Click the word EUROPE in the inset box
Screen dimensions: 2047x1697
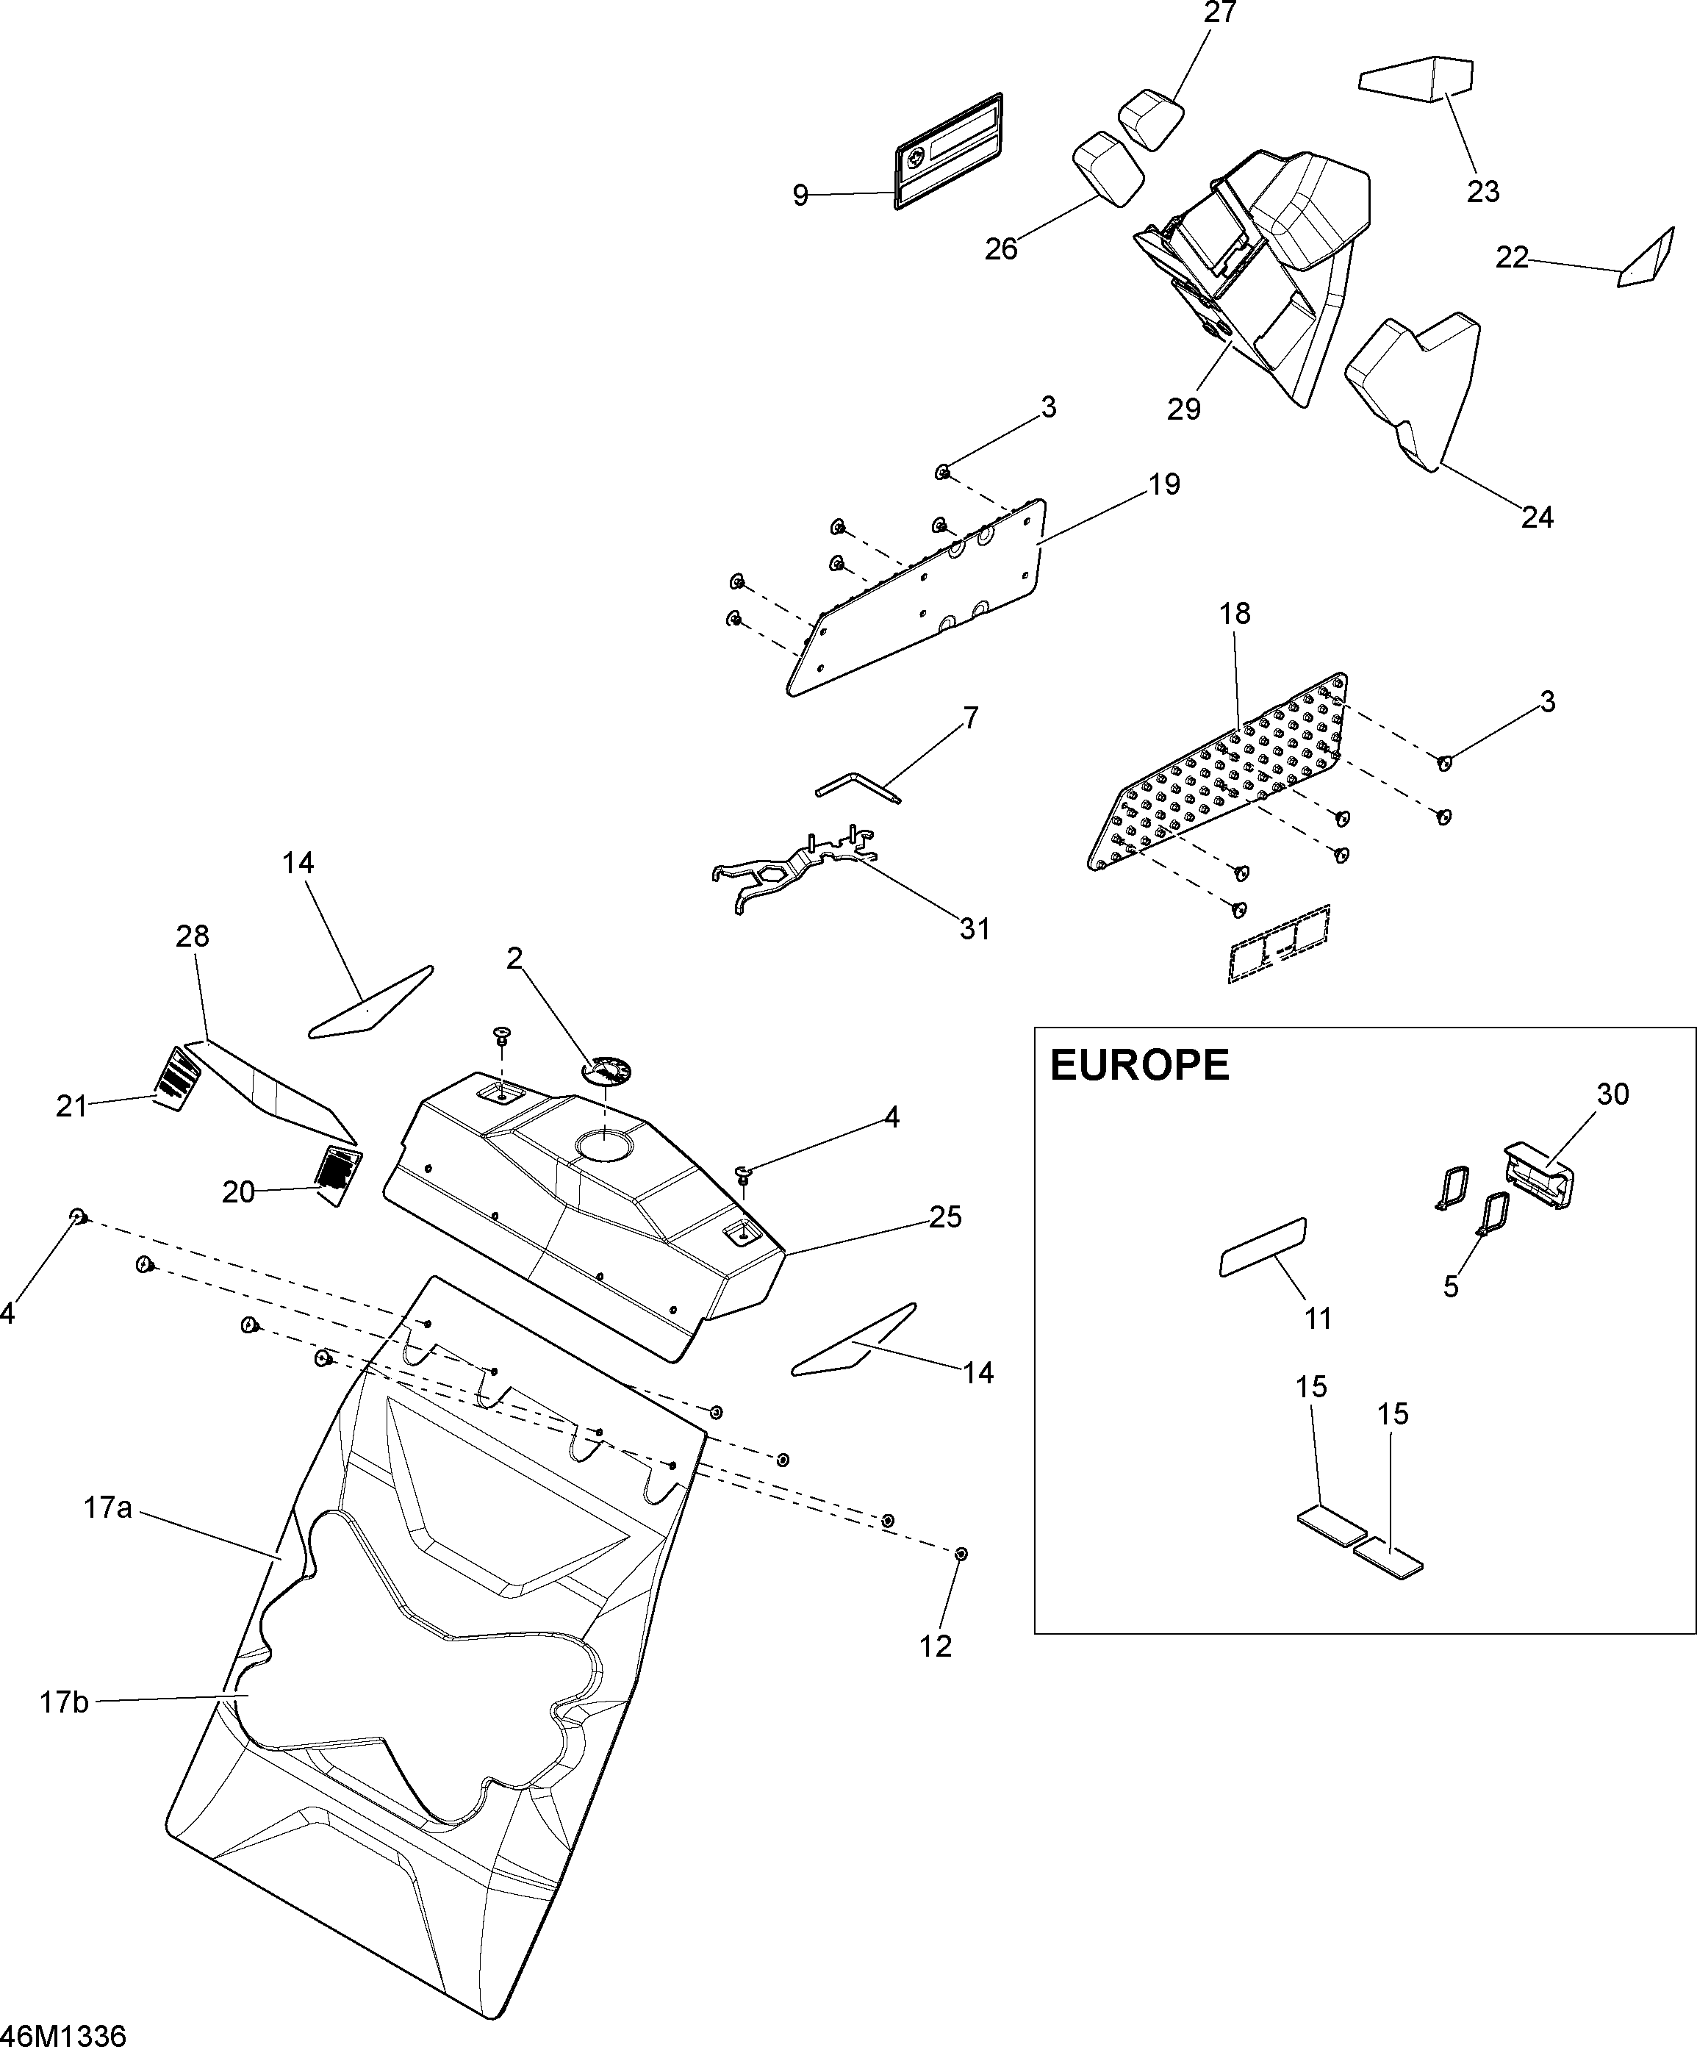coord(1138,1066)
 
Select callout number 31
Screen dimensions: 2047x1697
coord(975,929)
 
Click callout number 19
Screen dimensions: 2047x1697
coord(1164,484)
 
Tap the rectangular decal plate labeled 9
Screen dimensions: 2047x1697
coord(950,151)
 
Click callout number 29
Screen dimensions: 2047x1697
coord(1184,409)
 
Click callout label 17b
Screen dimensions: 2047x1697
coord(65,1703)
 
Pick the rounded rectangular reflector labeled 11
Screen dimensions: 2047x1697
coord(1262,1247)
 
